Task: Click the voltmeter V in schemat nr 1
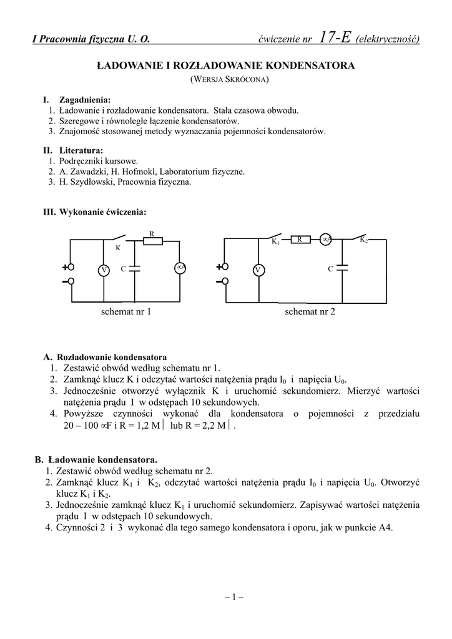click(x=104, y=270)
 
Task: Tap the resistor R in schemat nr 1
click(x=152, y=241)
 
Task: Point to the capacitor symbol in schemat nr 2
click(x=341, y=268)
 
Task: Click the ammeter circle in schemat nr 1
click(x=180, y=268)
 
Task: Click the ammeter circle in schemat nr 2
click(x=325, y=239)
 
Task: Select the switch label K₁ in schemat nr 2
click(x=275, y=241)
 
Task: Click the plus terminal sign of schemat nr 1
click(x=65, y=267)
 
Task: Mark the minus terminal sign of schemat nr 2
click(x=219, y=281)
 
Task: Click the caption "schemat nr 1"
click(x=126, y=311)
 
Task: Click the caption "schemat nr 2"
click(x=310, y=311)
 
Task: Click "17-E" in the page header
click(x=335, y=39)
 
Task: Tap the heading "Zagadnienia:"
click(x=85, y=100)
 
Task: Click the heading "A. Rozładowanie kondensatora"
click(x=106, y=358)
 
